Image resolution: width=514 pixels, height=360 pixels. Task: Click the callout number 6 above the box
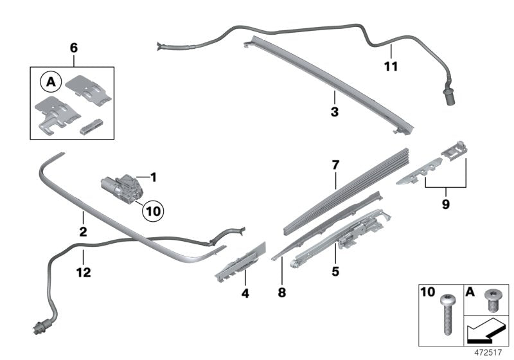(73, 48)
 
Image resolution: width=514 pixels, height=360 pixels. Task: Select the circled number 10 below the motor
(152, 210)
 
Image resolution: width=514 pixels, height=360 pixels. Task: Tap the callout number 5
(335, 272)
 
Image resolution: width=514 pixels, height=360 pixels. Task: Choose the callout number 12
(83, 273)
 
